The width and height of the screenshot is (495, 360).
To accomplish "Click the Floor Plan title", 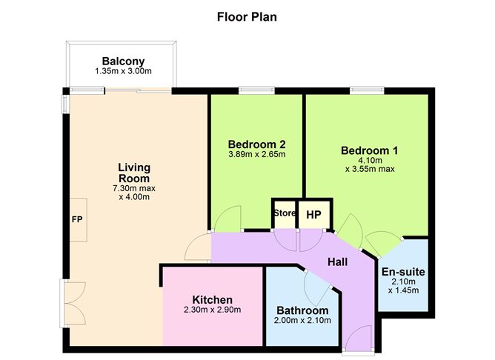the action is click(x=247, y=17).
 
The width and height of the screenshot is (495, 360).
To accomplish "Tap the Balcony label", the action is click(x=123, y=61).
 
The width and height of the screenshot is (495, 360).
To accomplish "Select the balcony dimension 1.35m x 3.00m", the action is click(x=123, y=71).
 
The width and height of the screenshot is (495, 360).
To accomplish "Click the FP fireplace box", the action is click(x=78, y=220).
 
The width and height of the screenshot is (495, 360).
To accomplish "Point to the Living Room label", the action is click(x=134, y=173).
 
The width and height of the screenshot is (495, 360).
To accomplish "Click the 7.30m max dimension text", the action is click(x=134, y=188).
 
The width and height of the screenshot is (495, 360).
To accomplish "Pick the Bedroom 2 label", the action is click(x=256, y=144).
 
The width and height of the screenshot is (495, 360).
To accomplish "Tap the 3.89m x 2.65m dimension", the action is click(x=256, y=154).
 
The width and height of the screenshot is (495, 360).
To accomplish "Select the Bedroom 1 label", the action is click(x=369, y=150).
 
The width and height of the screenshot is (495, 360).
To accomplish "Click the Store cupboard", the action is click(x=285, y=214).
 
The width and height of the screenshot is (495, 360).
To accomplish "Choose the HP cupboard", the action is click(x=314, y=214).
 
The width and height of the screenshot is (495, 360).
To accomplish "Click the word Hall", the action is click(x=337, y=262).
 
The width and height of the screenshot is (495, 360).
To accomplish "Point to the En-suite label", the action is click(x=403, y=272).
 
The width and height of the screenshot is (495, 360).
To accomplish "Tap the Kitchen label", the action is click(x=212, y=299).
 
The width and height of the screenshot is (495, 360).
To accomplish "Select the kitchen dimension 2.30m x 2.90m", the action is click(x=212, y=310).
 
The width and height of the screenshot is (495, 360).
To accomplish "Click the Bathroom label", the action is click(x=302, y=310).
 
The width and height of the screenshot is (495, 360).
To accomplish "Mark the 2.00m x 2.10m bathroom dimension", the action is click(x=302, y=320).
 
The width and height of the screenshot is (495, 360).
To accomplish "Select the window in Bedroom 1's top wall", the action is click(x=367, y=91).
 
